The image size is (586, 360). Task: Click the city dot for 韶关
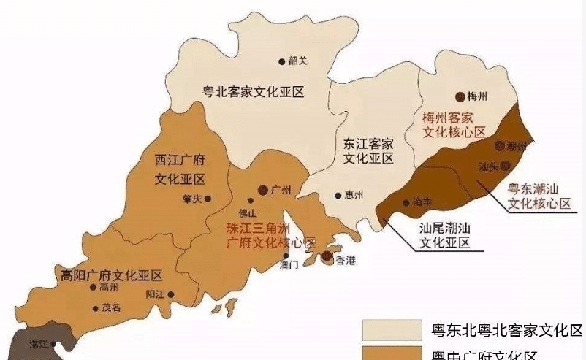click(282, 61)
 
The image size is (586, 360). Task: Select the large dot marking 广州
click(262, 191)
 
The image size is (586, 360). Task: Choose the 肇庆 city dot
click(208, 198)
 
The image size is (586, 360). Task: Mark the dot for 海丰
click(406, 202)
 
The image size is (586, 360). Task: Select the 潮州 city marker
click(501, 146)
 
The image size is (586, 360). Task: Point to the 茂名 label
click(111, 308)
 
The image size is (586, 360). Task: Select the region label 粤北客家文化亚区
click(253, 92)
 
